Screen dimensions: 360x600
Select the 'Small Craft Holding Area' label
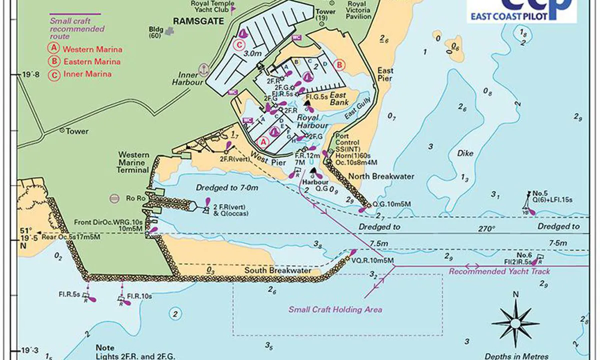point(335,309)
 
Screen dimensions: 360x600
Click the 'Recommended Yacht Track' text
point(499,271)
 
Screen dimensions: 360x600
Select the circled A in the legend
point(52,49)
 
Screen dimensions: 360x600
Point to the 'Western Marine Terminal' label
point(133,162)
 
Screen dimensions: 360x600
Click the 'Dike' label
point(465,154)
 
